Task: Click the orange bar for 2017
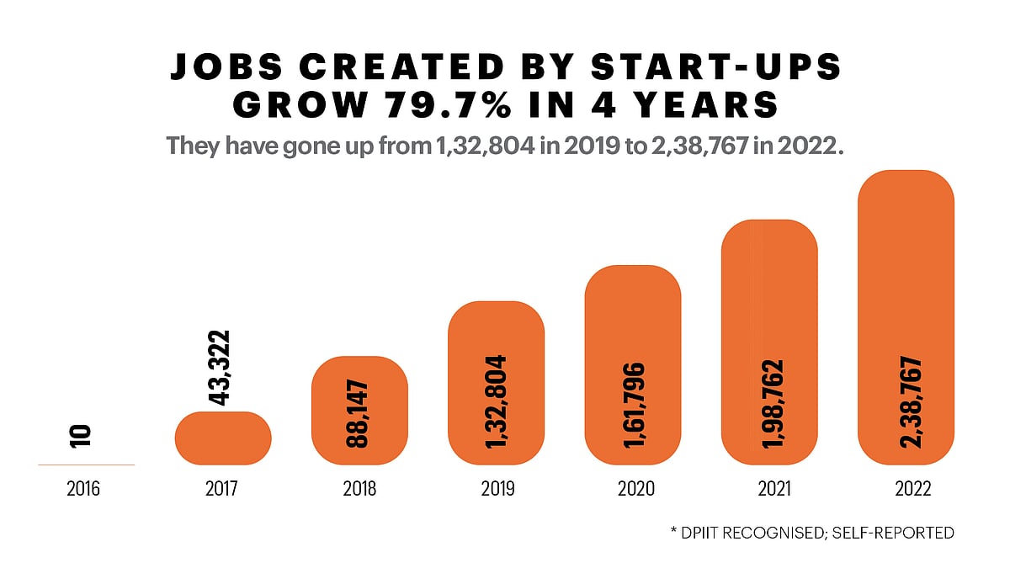point(223,438)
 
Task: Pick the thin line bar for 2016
point(86,464)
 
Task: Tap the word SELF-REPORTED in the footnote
point(896,533)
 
